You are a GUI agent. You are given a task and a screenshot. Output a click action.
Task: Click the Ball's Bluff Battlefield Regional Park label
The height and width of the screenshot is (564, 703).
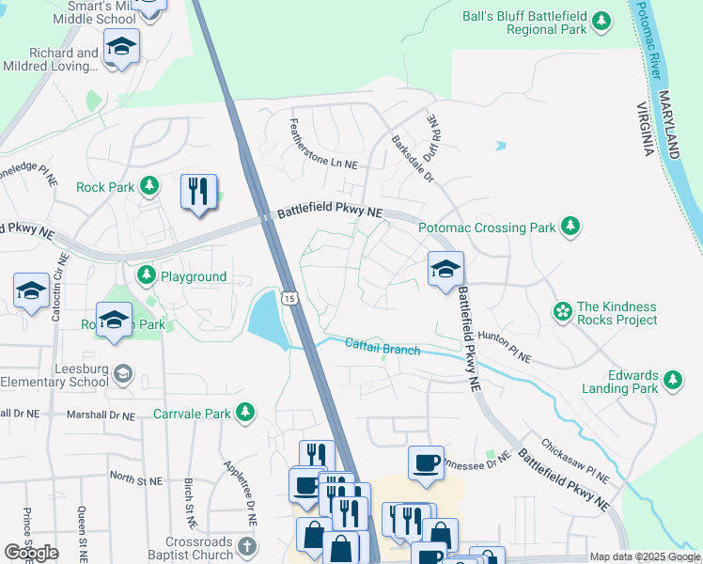[524, 23]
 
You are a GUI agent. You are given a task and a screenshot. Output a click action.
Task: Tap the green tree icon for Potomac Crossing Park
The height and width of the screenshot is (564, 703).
[570, 226]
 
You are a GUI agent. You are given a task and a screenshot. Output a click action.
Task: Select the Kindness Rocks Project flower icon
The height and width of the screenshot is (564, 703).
[563, 311]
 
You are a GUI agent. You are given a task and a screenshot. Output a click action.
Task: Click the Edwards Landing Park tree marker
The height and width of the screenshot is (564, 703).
[672, 380]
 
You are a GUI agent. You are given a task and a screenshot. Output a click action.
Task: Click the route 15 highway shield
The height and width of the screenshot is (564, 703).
[289, 297]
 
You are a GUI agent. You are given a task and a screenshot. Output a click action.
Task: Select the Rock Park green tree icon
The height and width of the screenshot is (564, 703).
[148, 186]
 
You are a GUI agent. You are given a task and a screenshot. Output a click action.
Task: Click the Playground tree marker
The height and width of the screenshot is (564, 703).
[146, 275]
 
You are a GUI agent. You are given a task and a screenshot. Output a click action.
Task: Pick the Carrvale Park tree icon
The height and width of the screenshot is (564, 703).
[244, 413]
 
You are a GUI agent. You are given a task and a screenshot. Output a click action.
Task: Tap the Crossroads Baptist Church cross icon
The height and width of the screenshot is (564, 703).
[246, 545]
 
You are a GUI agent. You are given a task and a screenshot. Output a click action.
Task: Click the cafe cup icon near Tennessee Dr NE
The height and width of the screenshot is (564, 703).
[425, 462]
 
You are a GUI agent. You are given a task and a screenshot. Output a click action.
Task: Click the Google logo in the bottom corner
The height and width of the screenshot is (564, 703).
[31, 552]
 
